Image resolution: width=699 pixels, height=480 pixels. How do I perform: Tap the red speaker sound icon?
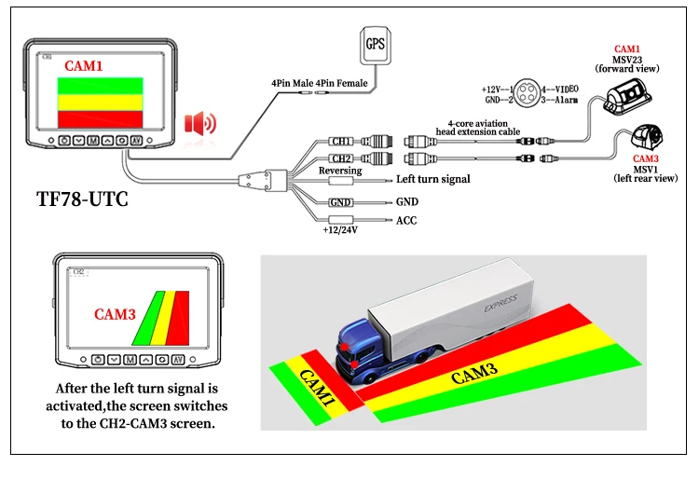pyautogui.click(x=200, y=123)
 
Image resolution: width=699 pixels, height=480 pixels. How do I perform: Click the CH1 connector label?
pyautogui.click(x=341, y=141)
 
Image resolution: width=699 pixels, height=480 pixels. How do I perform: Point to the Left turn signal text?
pyautogui.click(x=433, y=179)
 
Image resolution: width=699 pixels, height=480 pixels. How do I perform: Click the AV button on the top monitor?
pyautogui.click(x=137, y=141)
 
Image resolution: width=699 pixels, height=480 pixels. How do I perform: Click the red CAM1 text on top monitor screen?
pyautogui.click(x=86, y=66)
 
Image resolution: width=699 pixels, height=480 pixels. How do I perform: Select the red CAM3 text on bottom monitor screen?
pyautogui.click(x=116, y=314)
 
